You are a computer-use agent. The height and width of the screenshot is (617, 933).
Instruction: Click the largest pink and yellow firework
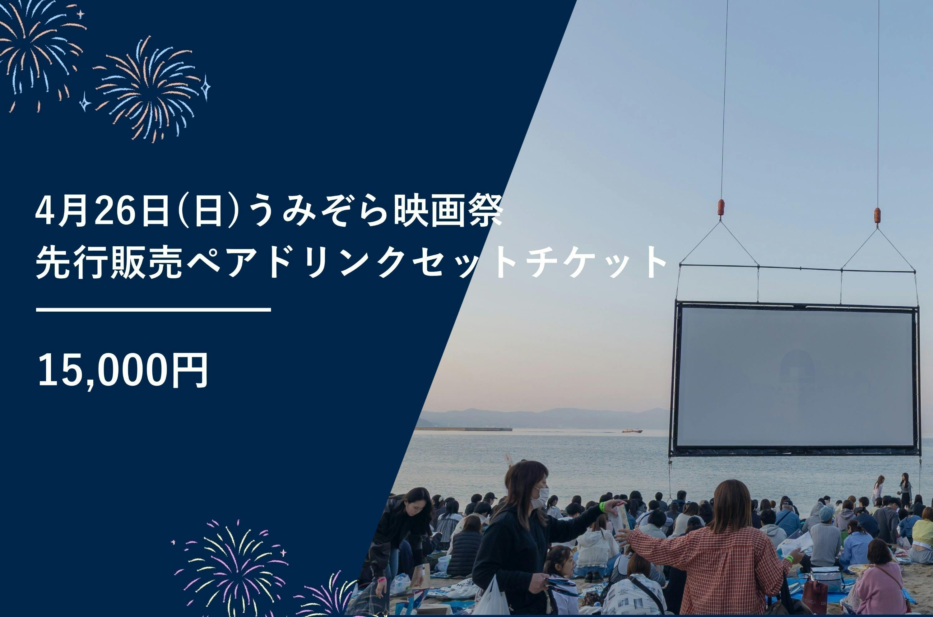(x=232, y=567)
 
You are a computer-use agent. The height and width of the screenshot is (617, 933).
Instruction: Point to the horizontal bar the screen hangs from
(x=797, y=268)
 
